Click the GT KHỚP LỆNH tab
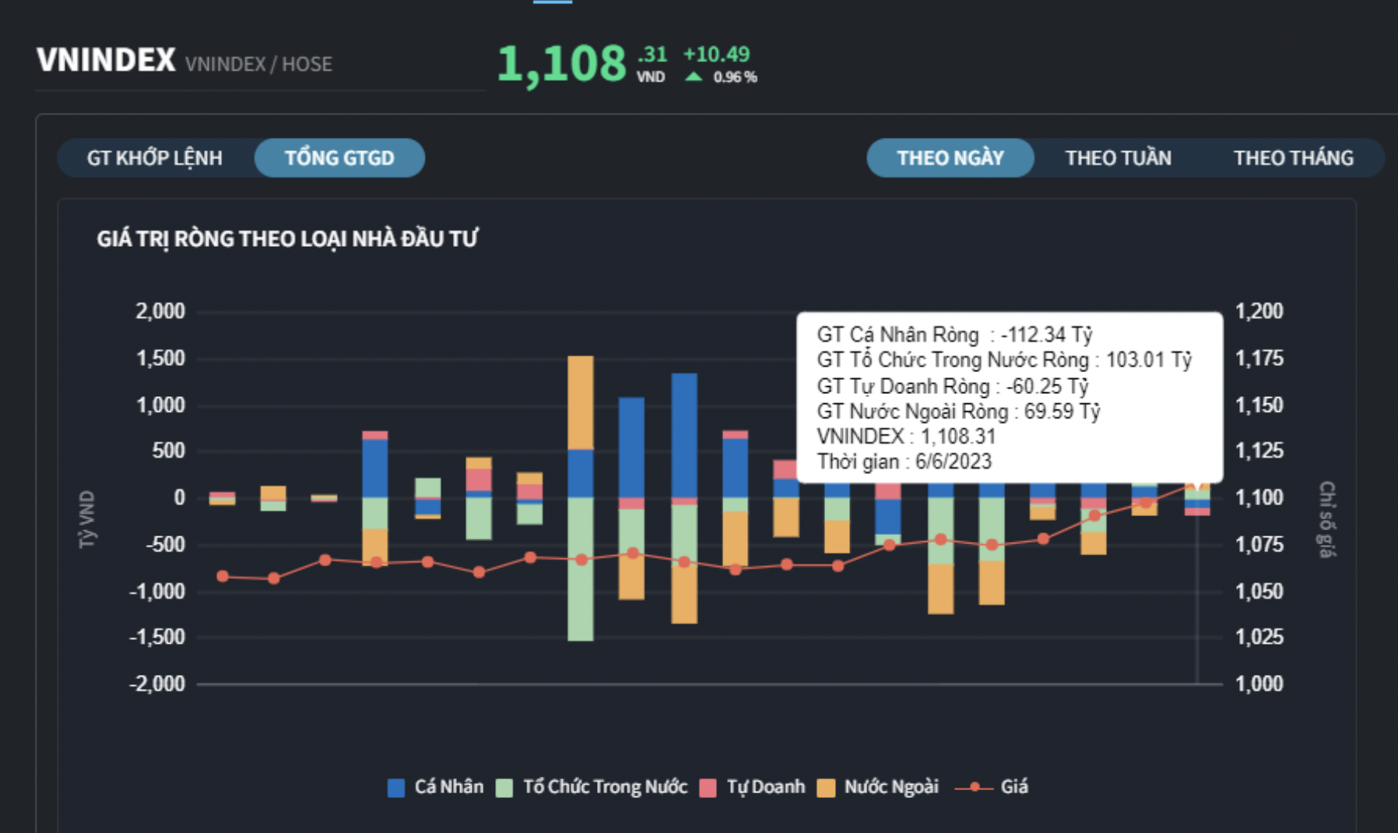point(154,158)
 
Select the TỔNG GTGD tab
point(339,158)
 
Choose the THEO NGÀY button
point(950,158)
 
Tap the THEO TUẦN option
point(1118,158)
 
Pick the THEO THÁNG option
point(1293,158)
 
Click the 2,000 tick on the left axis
point(160,311)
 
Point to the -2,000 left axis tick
point(157,684)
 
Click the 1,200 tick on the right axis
point(1259,311)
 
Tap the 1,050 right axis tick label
point(1259,591)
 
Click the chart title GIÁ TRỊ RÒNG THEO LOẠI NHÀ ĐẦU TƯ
point(287,239)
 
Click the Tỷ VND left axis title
point(87,519)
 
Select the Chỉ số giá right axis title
point(1326,519)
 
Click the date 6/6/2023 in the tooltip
point(953,462)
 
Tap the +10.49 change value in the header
point(716,54)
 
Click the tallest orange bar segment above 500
point(581,402)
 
